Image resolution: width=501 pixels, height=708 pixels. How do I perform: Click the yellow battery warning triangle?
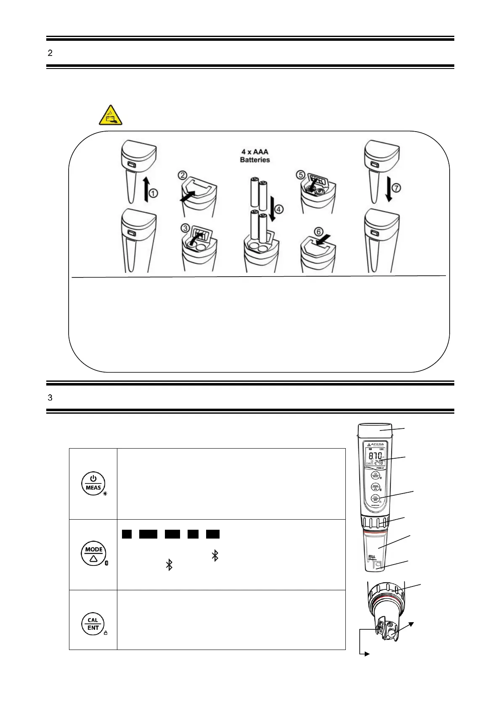click(111, 115)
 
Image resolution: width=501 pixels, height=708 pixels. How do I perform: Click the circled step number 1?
click(154, 194)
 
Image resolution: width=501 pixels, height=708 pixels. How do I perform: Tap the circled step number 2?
click(182, 175)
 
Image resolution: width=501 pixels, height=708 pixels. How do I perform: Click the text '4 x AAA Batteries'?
click(255, 156)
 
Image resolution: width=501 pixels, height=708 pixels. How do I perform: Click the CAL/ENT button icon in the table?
click(93, 624)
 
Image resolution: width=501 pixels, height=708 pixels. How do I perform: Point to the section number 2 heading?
click(50, 53)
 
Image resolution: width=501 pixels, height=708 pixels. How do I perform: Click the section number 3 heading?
click(50, 396)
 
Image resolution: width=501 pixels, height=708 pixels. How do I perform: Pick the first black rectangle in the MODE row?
click(127, 534)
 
